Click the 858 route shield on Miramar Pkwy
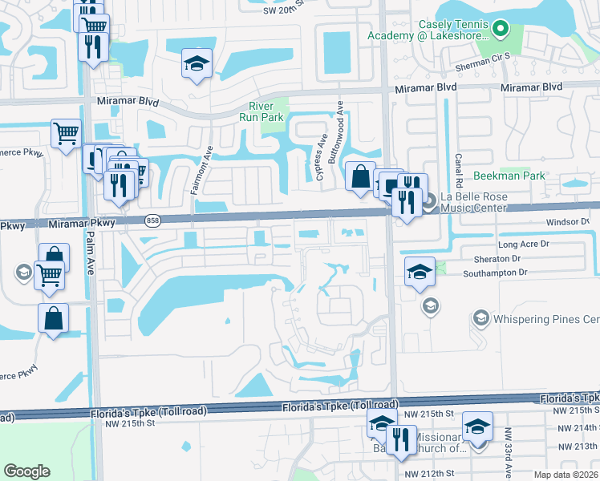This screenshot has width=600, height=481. coord(152,220)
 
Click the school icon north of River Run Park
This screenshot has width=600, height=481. coord(195,64)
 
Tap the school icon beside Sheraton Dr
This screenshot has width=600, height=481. coord(420,272)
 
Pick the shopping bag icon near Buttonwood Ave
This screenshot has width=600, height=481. coord(361,176)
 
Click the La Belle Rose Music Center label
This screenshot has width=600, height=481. coord(473,202)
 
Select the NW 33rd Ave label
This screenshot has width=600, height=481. coord(508,446)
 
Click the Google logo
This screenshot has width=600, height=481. coord(26,471)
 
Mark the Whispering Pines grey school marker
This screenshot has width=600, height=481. coord(480,319)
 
